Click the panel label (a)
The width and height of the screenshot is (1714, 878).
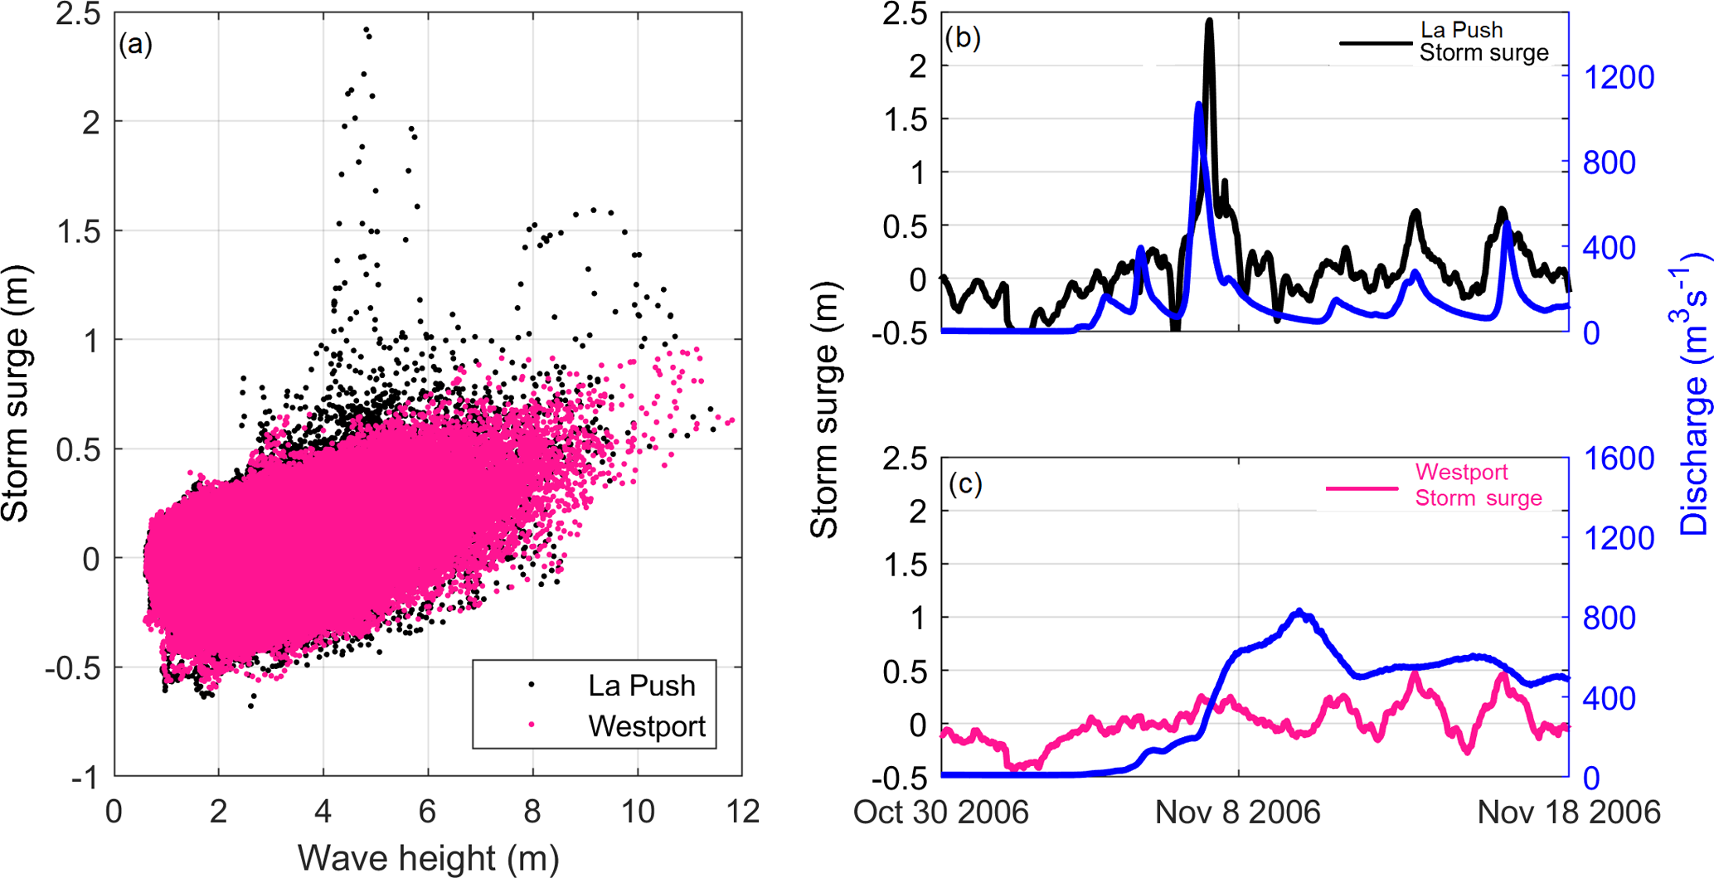[x=135, y=44]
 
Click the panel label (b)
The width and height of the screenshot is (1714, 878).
[x=963, y=38]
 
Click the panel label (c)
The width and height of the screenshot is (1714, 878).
[x=965, y=483]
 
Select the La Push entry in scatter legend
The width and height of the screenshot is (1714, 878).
[x=641, y=686]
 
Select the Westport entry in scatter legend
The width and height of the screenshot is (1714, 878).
[x=646, y=726]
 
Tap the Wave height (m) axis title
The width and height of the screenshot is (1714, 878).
[x=428, y=858]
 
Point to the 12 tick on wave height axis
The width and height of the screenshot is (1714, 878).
[x=743, y=812]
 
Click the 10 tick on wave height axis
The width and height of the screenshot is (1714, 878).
[x=638, y=812]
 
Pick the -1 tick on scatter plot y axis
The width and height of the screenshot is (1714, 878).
[x=86, y=779]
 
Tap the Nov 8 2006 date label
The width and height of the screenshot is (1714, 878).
[x=1237, y=813]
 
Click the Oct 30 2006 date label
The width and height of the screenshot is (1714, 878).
[x=940, y=813]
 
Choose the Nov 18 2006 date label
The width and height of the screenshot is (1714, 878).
[x=1568, y=813]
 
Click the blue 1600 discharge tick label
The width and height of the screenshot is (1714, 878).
[x=1619, y=458]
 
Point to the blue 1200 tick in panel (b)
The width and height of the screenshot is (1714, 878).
[x=1619, y=78]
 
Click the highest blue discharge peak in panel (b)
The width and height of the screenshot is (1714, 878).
[x=1198, y=104]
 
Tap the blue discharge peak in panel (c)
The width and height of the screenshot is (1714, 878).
[x=1299, y=611]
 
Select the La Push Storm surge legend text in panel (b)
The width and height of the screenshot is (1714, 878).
[x=1483, y=41]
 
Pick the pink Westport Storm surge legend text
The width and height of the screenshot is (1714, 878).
[x=1478, y=485]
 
